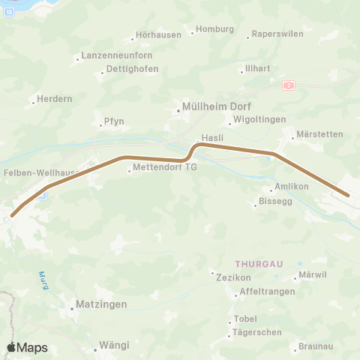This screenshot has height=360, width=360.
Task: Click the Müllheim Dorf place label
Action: (x=207, y=107)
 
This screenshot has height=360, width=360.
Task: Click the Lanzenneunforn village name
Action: (x=114, y=56)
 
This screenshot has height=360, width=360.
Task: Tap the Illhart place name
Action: (x=257, y=69)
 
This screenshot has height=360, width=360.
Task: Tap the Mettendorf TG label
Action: (x=164, y=168)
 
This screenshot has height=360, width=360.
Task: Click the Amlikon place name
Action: (x=292, y=186)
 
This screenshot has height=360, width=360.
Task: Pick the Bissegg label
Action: (x=274, y=202)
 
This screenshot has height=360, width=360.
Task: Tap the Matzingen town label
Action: (x=102, y=305)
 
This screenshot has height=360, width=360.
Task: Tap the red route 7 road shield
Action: (x=289, y=86)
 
